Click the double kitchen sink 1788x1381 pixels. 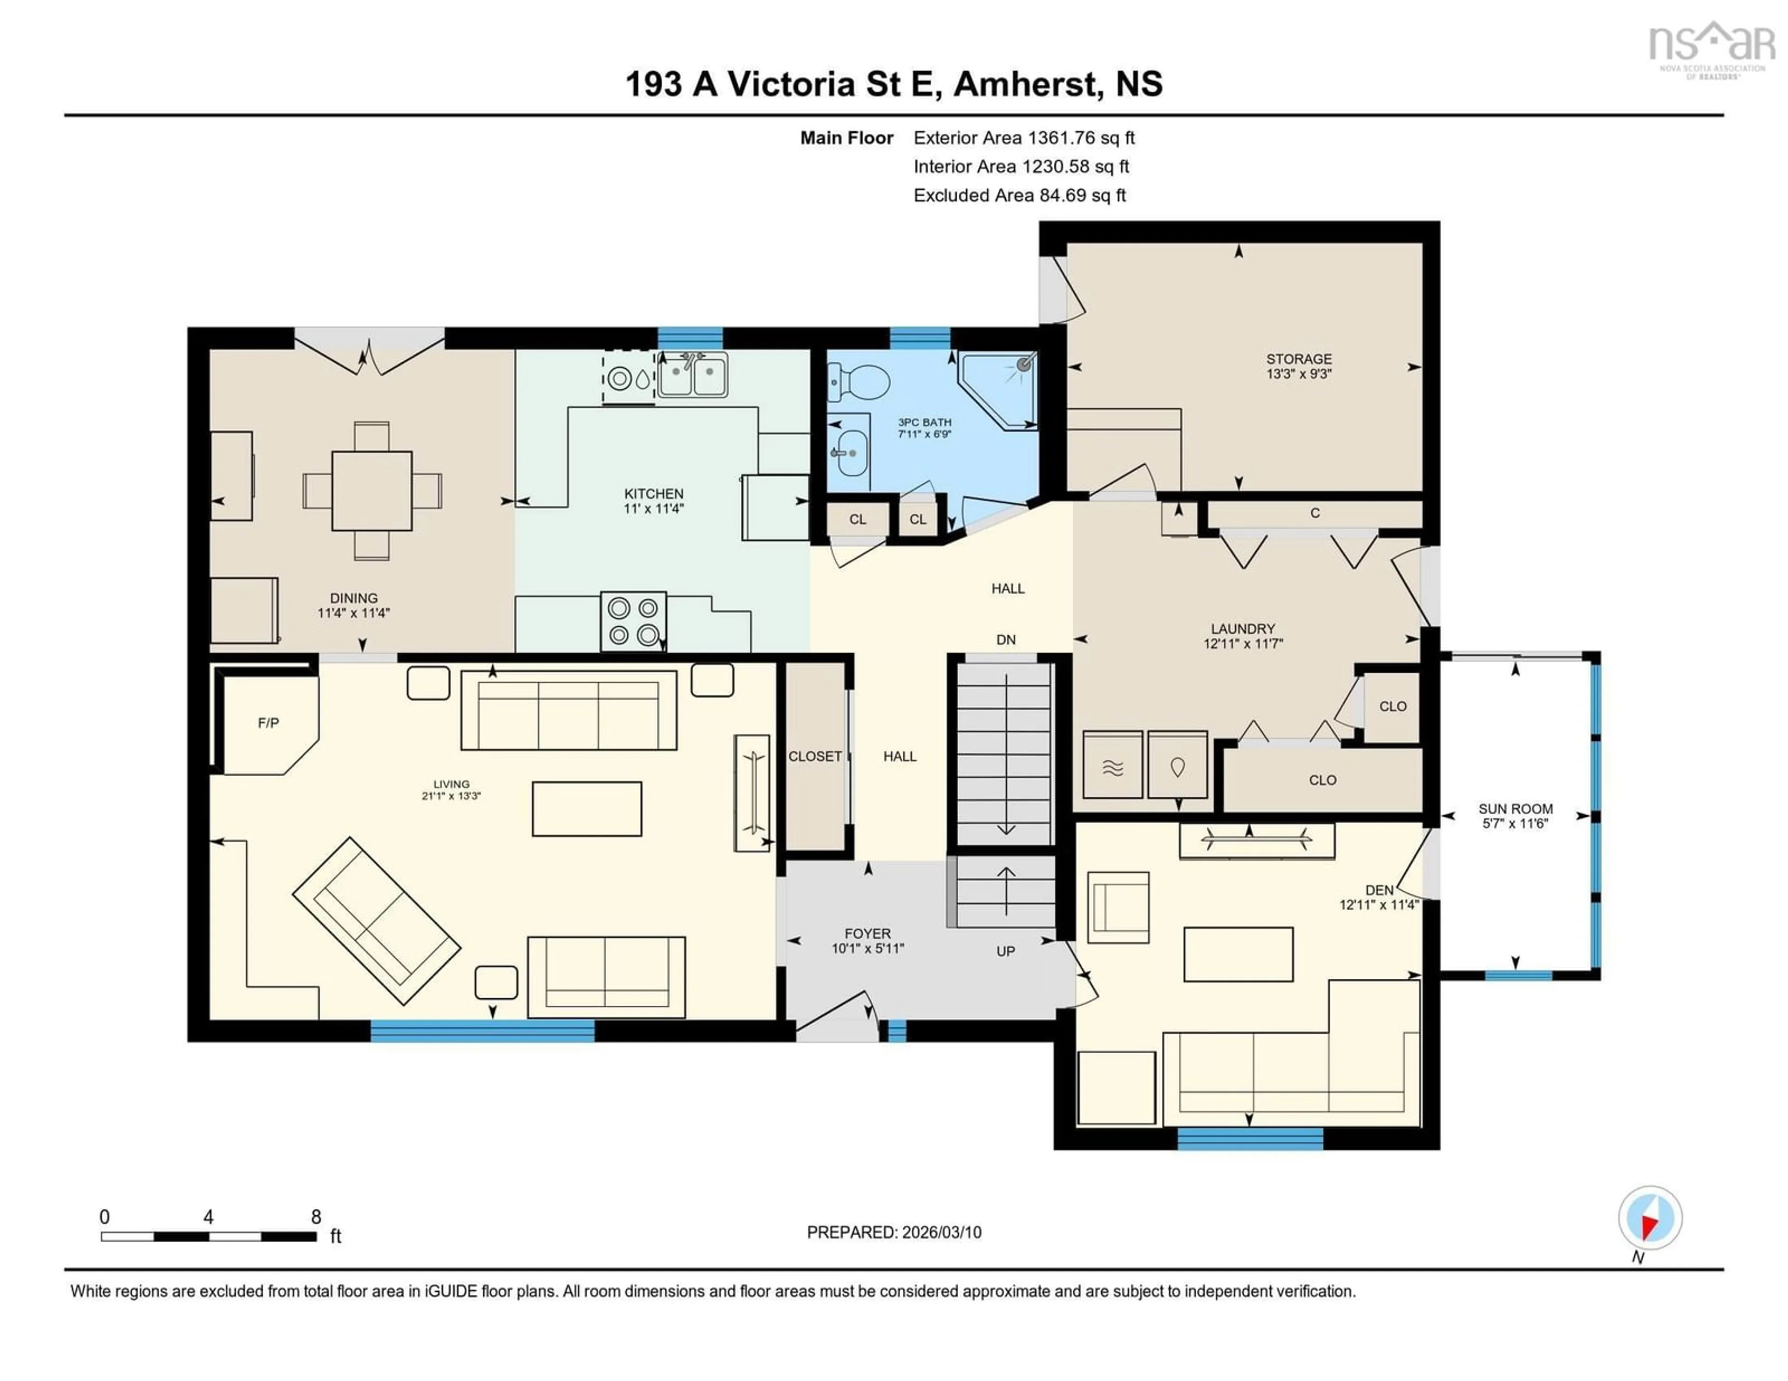point(692,377)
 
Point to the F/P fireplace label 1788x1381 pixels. point(269,723)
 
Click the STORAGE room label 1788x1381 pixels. point(1299,359)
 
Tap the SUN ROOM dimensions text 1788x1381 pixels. point(1516,824)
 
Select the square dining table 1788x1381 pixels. point(372,490)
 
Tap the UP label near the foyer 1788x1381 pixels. point(1005,951)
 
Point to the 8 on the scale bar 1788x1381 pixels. point(316,1217)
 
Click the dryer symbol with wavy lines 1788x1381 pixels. point(1112,765)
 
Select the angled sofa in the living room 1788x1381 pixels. point(377,920)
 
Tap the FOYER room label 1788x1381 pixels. point(868,933)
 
